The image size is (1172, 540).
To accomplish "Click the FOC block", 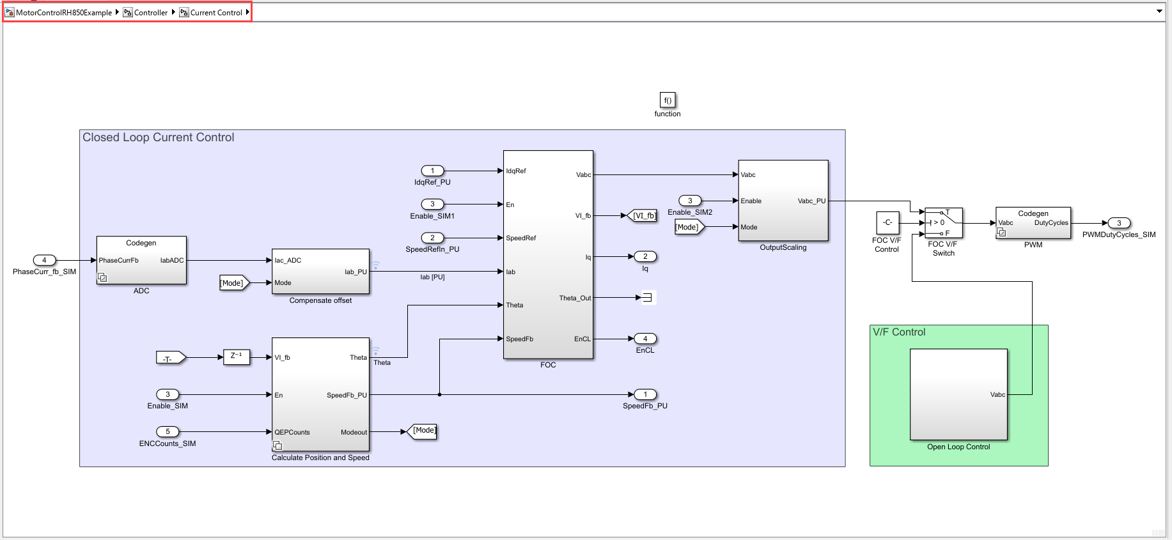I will (548, 254).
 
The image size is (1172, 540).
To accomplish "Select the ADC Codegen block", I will (141, 261).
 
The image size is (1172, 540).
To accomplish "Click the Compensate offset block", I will (320, 272).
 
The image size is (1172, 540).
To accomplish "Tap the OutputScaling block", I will (783, 201).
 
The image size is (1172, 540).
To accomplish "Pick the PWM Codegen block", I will (1033, 223).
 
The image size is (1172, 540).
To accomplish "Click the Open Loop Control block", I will (958, 394).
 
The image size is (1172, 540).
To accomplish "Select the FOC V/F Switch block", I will (943, 223).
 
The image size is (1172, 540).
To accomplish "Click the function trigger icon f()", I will (667, 100).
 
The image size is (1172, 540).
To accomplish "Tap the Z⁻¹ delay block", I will (236, 357).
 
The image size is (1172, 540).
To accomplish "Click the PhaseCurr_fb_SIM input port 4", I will (44, 260).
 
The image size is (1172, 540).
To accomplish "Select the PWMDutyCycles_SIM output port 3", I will (1119, 223).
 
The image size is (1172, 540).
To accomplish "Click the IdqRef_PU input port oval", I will (432, 171).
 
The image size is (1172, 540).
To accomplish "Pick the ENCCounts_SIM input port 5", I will (168, 431).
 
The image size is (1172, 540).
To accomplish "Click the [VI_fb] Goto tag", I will (643, 216).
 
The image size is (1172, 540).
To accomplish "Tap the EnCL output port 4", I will (645, 339).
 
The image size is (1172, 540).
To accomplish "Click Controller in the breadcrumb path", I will (150, 12).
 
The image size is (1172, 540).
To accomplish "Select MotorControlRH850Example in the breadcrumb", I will (63, 12).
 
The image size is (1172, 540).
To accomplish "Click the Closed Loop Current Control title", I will (158, 137).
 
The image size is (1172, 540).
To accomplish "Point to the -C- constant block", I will (887, 222).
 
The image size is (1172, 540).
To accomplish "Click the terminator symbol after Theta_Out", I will (647, 297).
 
